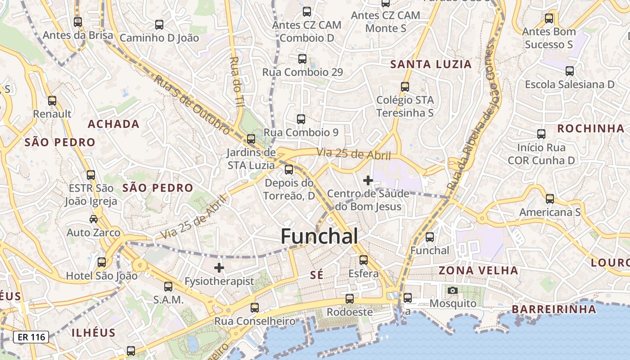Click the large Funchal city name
[319, 236]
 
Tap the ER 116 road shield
[31, 337]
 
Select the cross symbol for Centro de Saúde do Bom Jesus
[368, 180]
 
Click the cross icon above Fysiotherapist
[219, 268]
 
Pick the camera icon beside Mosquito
[453, 290]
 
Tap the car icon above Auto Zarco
[94, 219]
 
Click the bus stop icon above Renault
[52, 100]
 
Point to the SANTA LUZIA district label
[431, 64]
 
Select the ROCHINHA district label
[591, 129]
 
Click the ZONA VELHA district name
[478, 270]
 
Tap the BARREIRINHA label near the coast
[553, 309]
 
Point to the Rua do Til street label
[236, 81]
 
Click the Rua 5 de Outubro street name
[192, 104]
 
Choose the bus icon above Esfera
[364, 260]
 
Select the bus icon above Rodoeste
[349, 298]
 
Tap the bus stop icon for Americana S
[549, 198]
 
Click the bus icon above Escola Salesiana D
[570, 71]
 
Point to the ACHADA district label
[113, 124]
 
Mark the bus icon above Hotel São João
[102, 262]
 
